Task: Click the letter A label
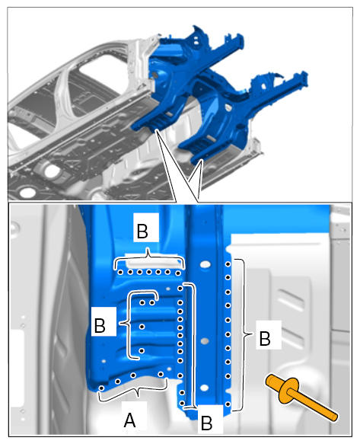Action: click(129, 420)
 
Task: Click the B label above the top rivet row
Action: click(142, 231)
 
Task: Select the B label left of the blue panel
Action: click(100, 325)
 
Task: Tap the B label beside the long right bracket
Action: click(265, 338)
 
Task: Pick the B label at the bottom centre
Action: click(206, 423)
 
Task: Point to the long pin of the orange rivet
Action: click(313, 404)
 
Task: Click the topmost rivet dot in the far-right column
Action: click(228, 264)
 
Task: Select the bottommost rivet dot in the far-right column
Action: click(228, 404)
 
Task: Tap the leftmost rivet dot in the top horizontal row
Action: click(120, 273)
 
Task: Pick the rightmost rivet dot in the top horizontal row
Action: click(178, 273)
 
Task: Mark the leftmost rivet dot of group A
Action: click(102, 388)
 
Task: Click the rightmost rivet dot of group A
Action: click(161, 375)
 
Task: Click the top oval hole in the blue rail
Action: click(205, 265)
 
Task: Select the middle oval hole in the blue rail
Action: click(205, 341)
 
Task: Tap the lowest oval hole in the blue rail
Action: click(204, 388)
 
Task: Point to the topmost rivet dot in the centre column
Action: click(180, 289)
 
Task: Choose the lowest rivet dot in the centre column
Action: click(182, 403)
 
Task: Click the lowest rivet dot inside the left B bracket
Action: click(142, 351)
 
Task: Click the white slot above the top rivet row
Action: click(152, 264)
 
